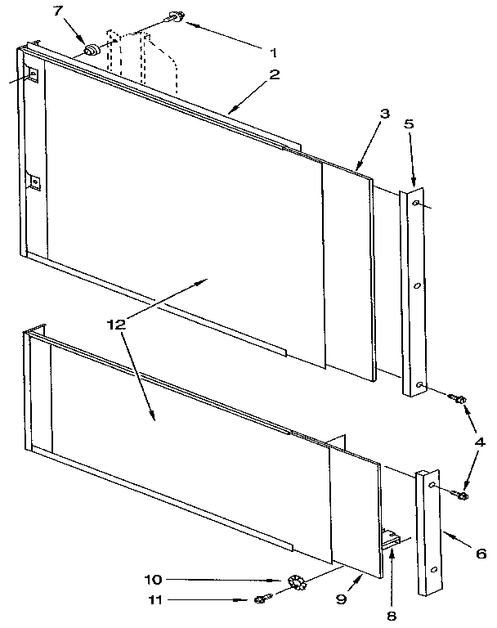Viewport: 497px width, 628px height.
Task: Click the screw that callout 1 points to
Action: (x=175, y=16)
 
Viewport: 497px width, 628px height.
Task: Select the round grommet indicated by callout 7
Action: (x=92, y=52)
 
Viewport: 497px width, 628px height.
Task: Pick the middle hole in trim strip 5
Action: (x=417, y=285)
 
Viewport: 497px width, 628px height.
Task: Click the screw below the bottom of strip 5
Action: (x=458, y=399)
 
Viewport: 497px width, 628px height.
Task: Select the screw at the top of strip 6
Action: (x=461, y=495)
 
